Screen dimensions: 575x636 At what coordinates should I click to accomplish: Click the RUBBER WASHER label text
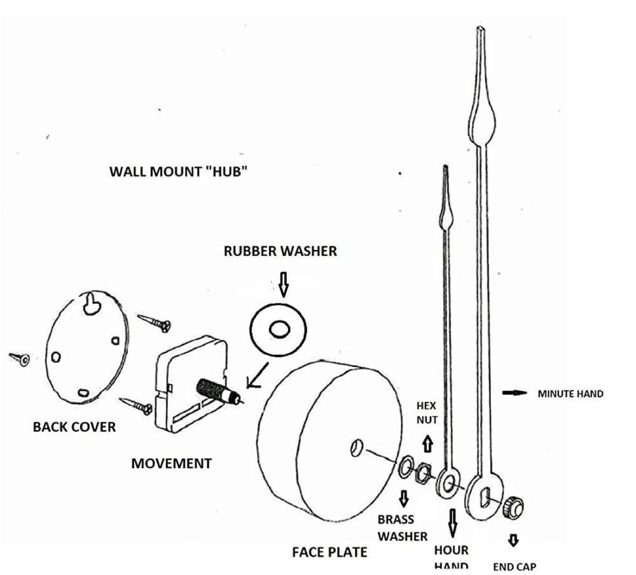[x=280, y=251]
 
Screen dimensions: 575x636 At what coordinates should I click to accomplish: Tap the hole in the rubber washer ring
[x=278, y=330]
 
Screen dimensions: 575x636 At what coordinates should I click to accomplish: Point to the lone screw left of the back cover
[x=18, y=359]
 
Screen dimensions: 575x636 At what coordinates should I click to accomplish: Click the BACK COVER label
[x=74, y=427]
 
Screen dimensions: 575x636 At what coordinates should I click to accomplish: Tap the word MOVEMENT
[x=171, y=464]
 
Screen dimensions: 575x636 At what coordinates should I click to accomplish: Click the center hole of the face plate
[x=356, y=447]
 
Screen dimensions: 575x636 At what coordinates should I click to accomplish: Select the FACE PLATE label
[x=329, y=551]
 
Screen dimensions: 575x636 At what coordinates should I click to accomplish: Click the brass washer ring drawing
[x=405, y=469]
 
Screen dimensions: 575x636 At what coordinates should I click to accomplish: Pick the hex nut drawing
[x=422, y=475]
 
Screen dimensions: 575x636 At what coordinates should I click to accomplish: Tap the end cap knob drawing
[x=513, y=508]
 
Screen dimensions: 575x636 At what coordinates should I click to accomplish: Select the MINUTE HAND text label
[x=570, y=394]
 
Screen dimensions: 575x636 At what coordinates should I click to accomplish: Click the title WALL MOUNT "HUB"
[x=177, y=172]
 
